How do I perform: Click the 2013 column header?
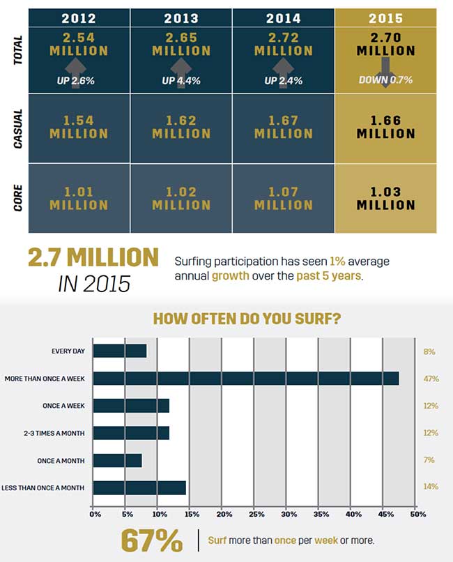point(181,18)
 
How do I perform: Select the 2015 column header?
point(385,18)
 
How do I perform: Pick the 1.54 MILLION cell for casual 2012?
point(79,127)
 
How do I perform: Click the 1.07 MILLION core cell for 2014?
point(283,197)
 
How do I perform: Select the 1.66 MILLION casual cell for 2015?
point(385,127)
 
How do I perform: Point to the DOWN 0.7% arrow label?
point(385,80)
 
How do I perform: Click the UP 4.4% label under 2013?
point(181,80)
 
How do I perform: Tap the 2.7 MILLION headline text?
point(93,257)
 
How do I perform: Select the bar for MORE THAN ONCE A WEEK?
point(245,379)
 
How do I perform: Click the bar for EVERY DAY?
point(120,351)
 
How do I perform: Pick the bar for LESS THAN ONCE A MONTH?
point(139,487)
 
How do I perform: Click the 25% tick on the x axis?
point(255,515)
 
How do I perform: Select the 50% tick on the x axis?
point(417,515)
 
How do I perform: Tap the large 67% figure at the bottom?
point(152,540)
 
